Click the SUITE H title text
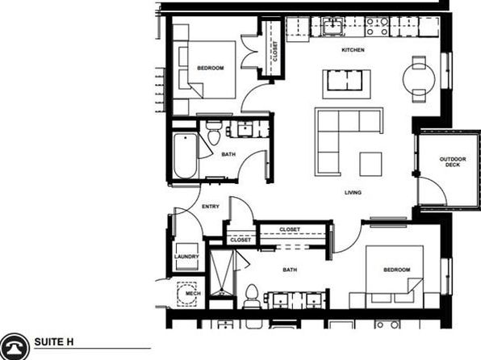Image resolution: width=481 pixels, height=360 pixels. click(54, 342)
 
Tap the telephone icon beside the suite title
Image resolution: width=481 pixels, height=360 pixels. click(14, 347)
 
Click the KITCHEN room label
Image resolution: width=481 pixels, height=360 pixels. click(353, 50)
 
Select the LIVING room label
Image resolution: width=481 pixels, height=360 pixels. click(353, 192)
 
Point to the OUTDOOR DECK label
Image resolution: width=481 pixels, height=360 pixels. click(453, 161)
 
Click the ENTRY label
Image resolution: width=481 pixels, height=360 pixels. click(211, 207)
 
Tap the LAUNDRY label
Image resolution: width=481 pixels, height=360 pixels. click(186, 257)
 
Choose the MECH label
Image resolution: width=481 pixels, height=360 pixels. click(193, 293)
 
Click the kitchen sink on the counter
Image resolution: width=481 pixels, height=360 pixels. click(333, 27)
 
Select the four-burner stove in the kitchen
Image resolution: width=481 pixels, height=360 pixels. click(377, 27)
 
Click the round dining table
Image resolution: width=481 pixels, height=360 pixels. click(419, 79)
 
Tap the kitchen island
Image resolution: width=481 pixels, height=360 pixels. click(346, 84)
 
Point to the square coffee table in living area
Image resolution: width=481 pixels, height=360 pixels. click(370, 164)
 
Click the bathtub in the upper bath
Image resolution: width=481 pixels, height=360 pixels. click(185, 155)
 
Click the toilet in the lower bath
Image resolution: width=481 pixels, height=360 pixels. click(252, 296)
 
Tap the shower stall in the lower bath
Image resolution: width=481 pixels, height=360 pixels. click(222, 274)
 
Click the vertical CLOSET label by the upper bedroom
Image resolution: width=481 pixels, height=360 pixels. click(275, 51)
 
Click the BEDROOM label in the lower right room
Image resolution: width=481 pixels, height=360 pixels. click(396, 270)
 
